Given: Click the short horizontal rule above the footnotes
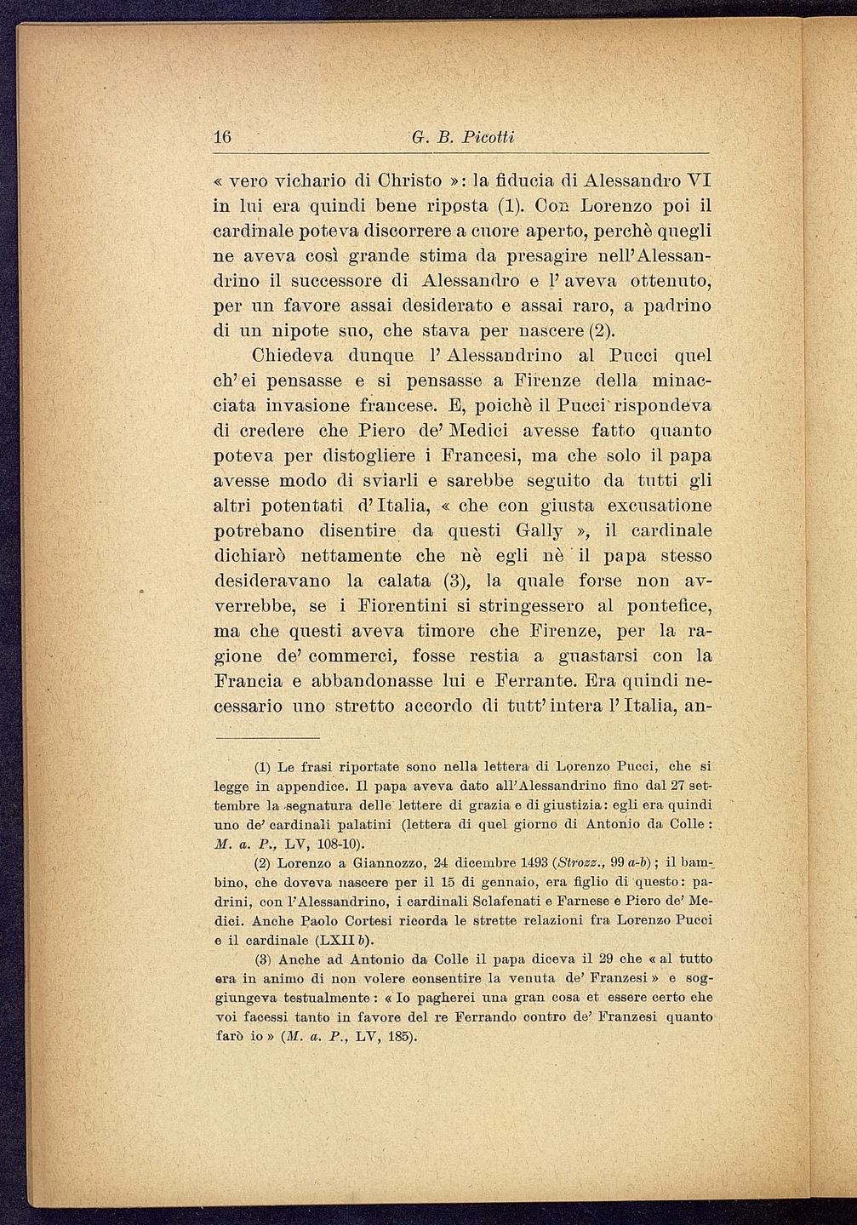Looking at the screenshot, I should [267, 738].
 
